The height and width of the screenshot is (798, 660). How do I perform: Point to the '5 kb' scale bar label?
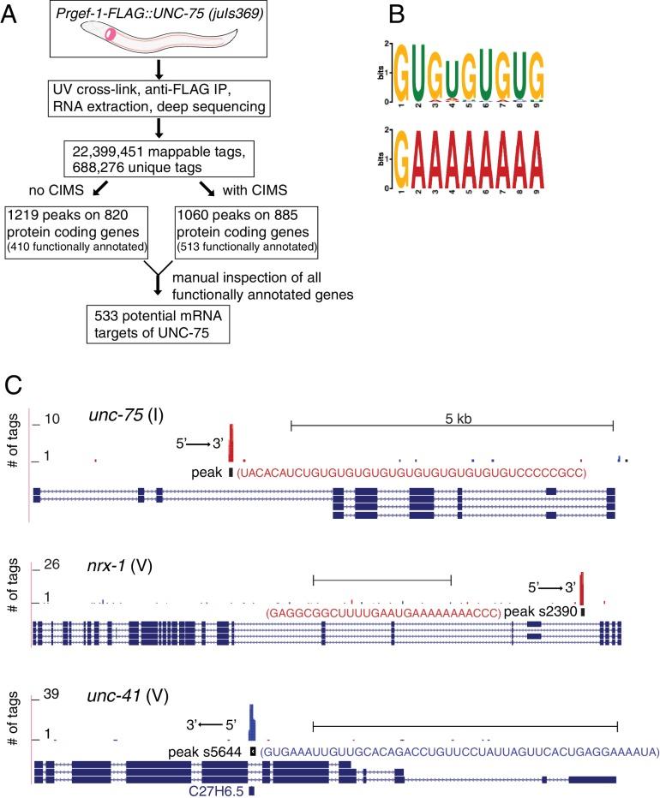(452, 412)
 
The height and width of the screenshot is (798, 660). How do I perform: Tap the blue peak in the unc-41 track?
(251, 722)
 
